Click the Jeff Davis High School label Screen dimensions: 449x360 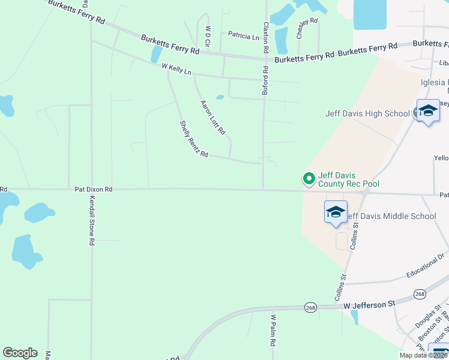click(367, 113)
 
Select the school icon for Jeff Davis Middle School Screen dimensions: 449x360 click(336, 212)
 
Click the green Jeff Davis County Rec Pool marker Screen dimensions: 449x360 click(309, 178)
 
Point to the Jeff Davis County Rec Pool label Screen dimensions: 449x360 click(349, 179)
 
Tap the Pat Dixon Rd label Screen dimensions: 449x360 click(94, 188)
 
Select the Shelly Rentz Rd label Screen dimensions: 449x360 click(193, 139)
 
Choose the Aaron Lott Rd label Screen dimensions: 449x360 click(212, 116)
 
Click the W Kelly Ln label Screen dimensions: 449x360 click(176, 70)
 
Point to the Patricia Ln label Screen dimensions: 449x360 click(244, 37)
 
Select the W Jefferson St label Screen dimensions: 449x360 click(370, 305)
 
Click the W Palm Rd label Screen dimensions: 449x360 click(273, 330)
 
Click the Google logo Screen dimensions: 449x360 click(20, 353)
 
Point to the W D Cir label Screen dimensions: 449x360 click(208, 37)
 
